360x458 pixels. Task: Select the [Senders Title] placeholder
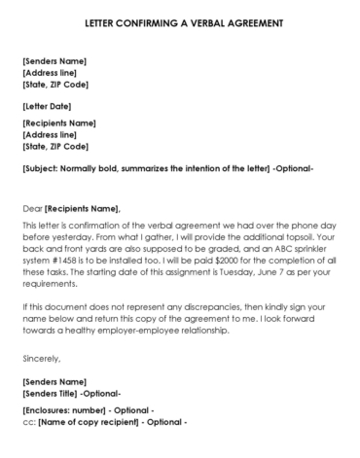pyautogui.click(x=54, y=393)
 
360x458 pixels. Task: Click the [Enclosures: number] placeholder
pyautogui.click(x=64, y=411)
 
